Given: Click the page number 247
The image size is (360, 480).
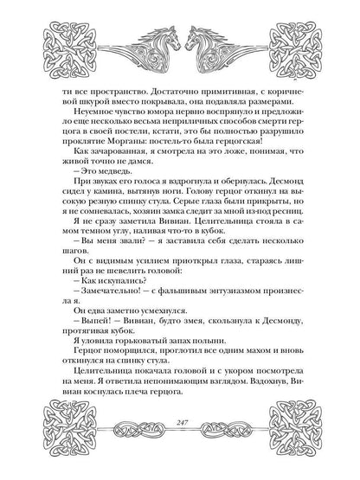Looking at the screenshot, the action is [180, 448].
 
